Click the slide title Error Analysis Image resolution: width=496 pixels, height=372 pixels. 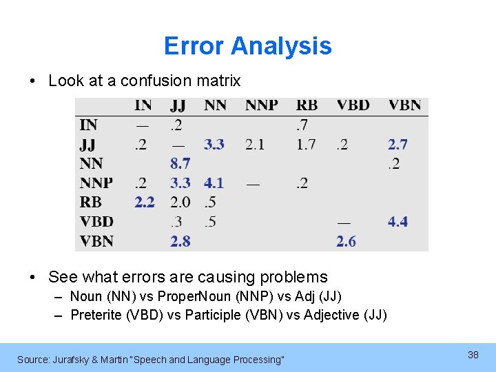tap(247, 46)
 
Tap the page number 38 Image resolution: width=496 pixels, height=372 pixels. tap(473, 354)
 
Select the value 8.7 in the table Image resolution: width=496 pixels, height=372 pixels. tap(180, 163)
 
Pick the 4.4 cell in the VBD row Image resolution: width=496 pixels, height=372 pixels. tap(397, 221)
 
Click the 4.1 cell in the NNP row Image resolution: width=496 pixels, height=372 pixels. tap(214, 183)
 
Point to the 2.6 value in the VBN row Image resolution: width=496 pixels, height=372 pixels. tap(346, 240)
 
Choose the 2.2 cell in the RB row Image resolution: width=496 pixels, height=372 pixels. tap(145, 202)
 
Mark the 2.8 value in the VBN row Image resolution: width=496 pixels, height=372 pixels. tap(180, 240)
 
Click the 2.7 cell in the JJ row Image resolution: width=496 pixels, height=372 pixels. tap(397, 144)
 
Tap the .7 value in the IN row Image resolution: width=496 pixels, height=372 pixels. tap(302, 125)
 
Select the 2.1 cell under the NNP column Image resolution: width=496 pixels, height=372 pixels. tap(254, 144)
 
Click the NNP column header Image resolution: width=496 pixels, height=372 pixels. tap(261, 105)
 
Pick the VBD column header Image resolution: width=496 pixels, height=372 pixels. tap(353, 105)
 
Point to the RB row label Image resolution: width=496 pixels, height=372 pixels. tap(90, 202)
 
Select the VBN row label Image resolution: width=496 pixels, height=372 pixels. tap(96, 240)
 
